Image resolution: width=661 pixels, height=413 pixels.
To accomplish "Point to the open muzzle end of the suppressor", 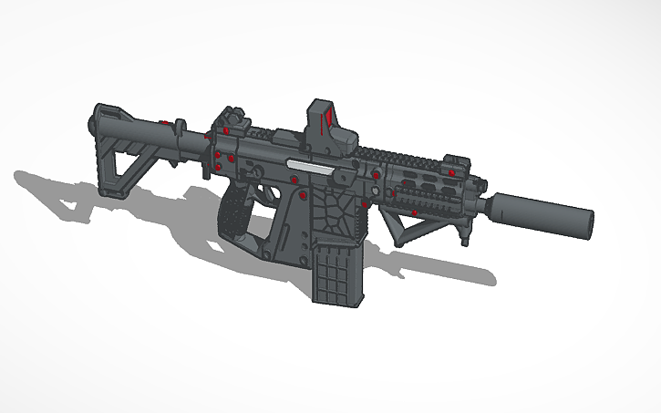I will point(588,221).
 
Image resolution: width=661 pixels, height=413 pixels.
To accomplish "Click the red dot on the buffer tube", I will point(162,122).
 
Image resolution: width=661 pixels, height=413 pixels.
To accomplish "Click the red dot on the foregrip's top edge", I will point(417,213).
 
